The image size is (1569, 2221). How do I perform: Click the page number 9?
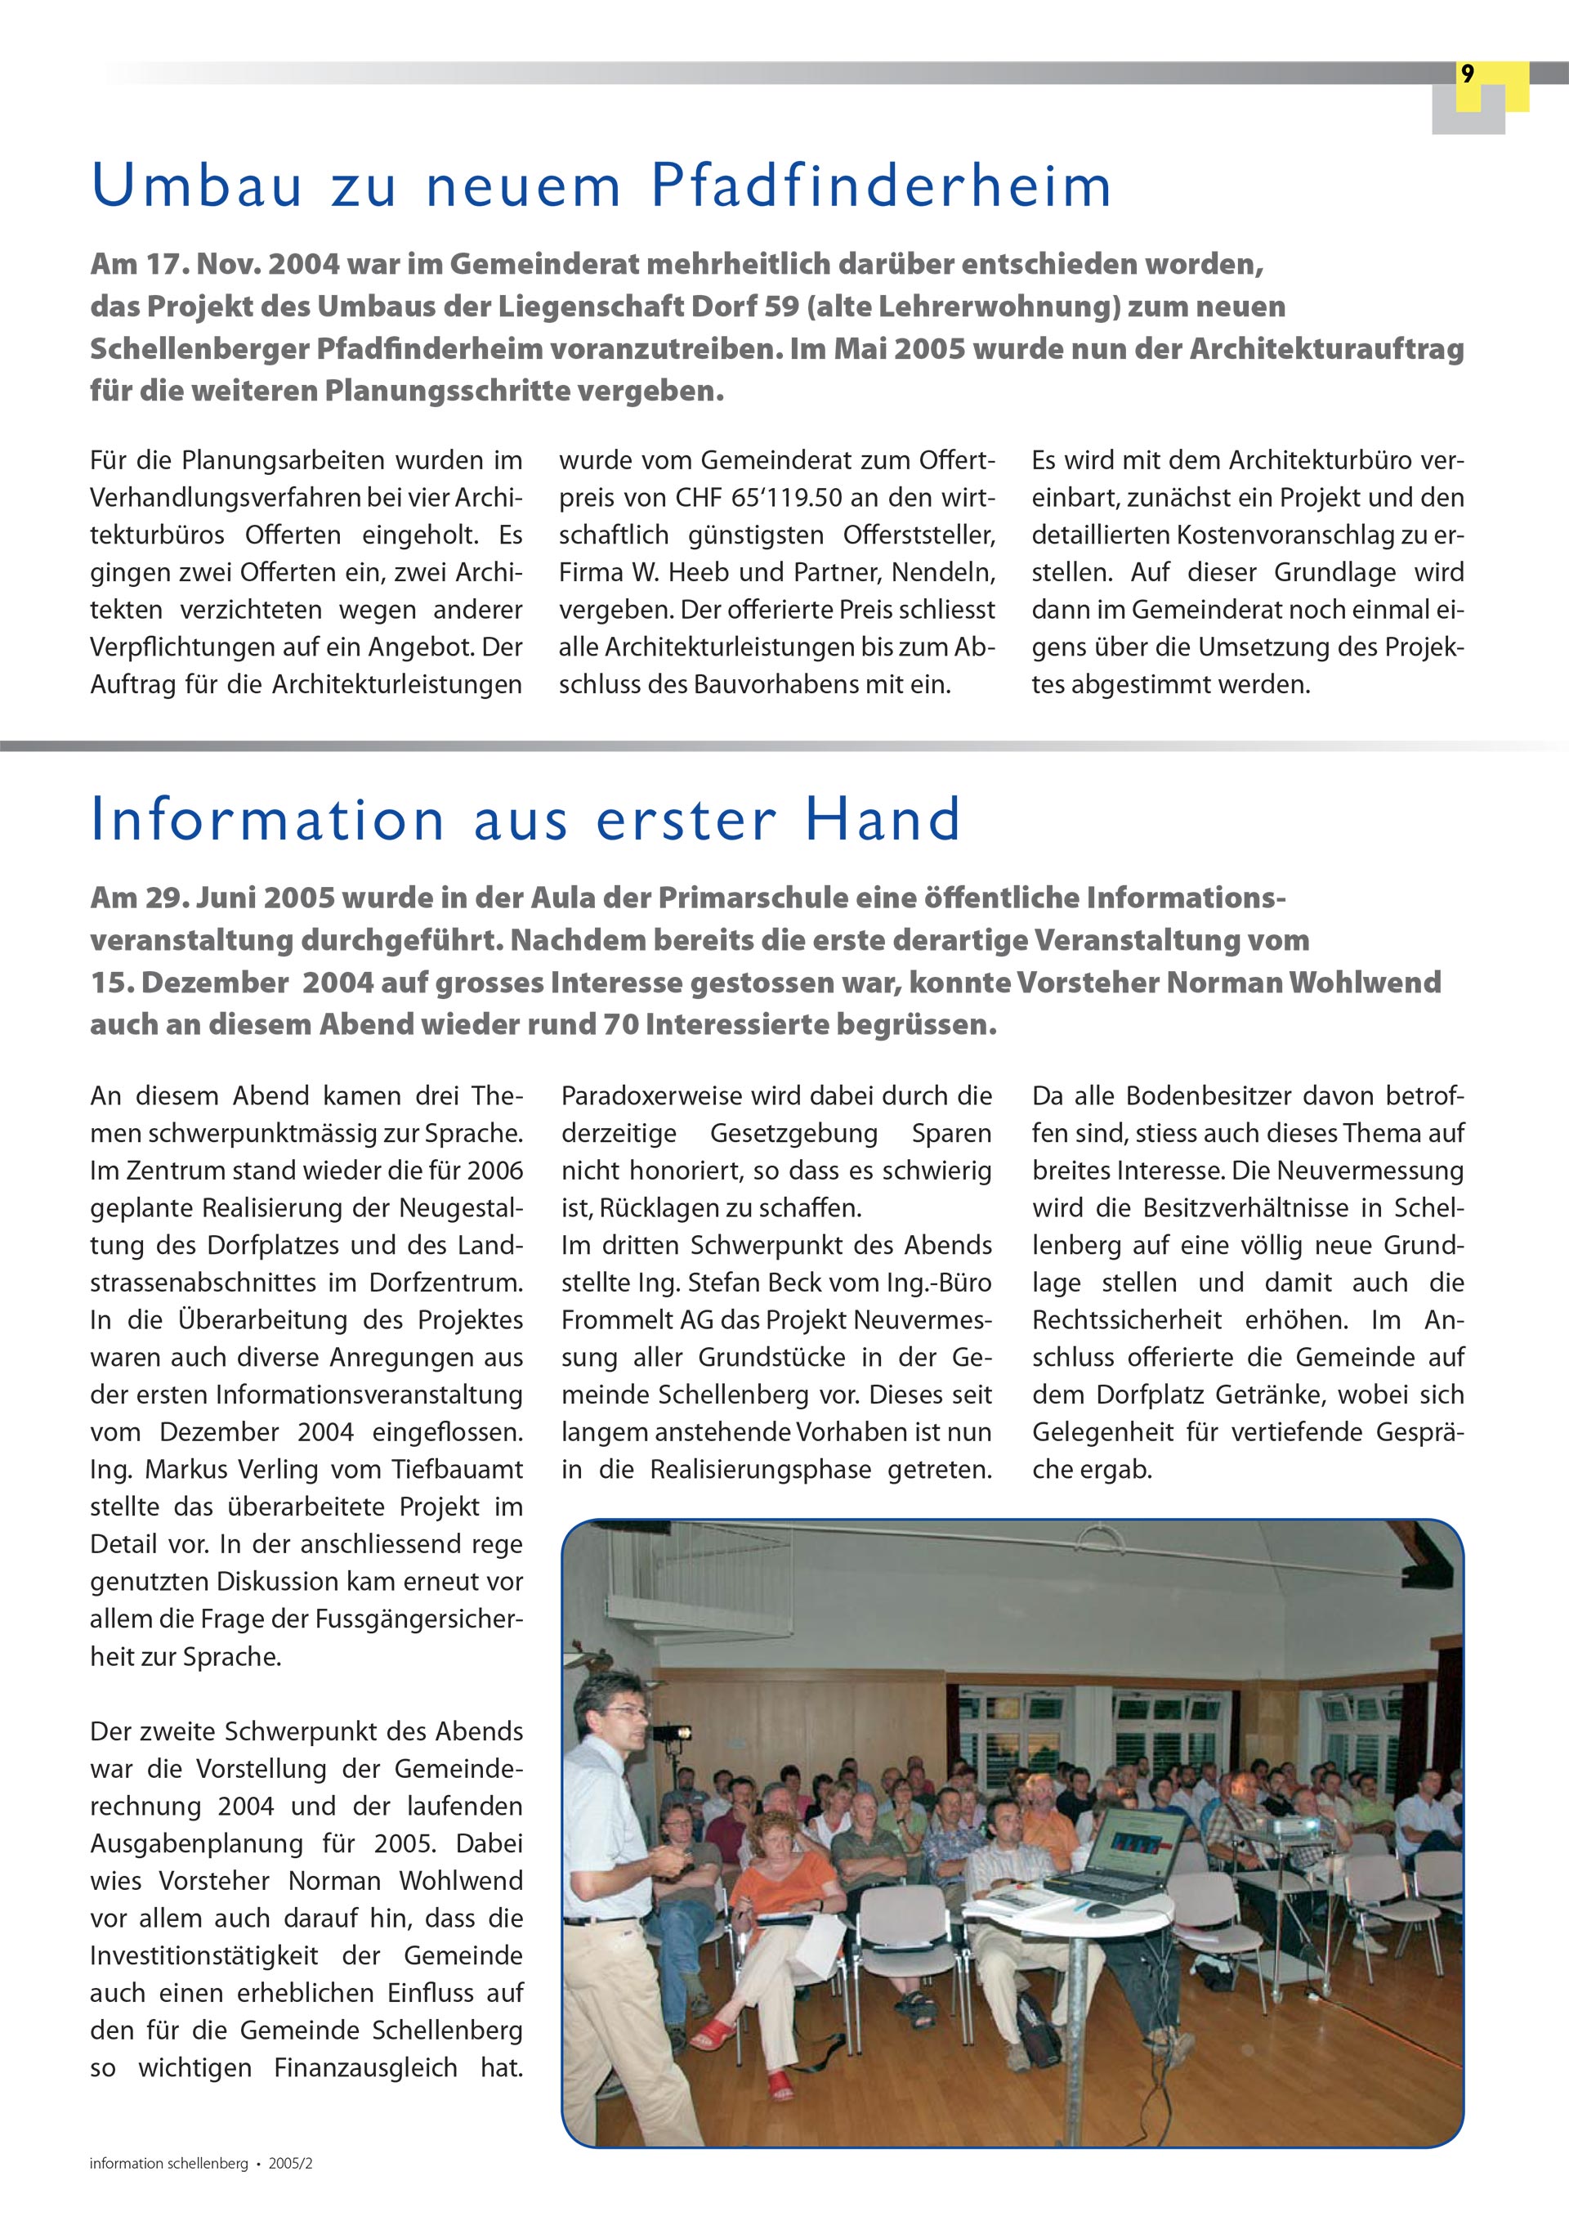1468,74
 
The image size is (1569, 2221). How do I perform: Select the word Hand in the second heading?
883,819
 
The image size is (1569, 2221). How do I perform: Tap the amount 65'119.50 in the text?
769,498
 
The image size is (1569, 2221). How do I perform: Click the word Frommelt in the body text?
616,1320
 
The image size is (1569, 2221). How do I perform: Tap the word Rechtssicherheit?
1127,1320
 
